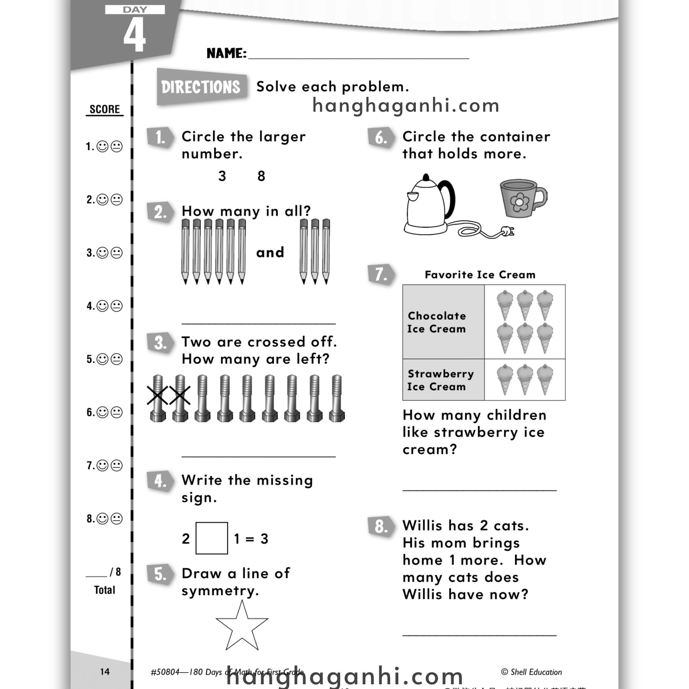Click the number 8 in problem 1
click(x=261, y=176)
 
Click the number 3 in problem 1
click(x=222, y=176)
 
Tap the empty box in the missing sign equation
click(x=212, y=538)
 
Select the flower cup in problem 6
click(x=522, y=198)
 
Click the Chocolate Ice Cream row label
click(x=437, y=322)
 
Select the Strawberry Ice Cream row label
click(x=440, y=380)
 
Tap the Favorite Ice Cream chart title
click(x=480, y=275)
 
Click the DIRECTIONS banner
click(x=201, y=87)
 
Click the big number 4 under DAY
click(x=135, y=35)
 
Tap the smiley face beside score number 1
click(x=103, y=147)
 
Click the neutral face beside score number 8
click(x=117, y=518)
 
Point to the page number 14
click(x=105, y=672)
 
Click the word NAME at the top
click(x=226, y=53)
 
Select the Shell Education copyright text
click(x=531, y=672)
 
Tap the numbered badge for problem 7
click(x=380, y=275)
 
